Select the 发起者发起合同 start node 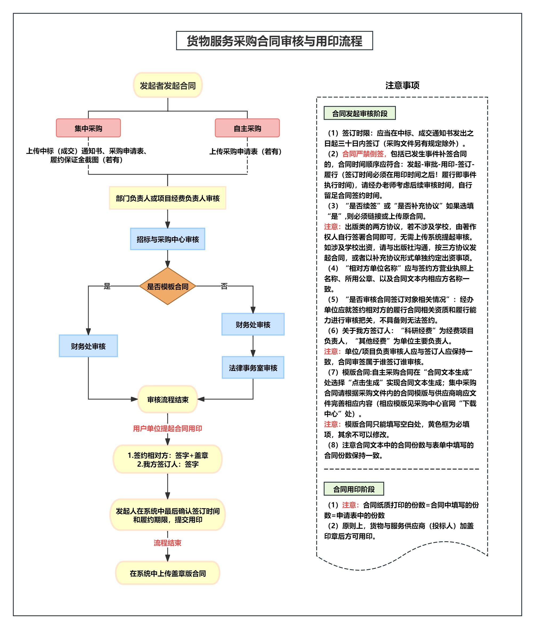tap(168, 85)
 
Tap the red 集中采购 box tap(88, 128)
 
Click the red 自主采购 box tap(247, 128)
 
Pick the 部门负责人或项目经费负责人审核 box tap(168, 198)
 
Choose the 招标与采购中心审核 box tap(168, 239)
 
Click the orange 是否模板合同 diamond tap(168, 286)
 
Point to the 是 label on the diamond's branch tap(107, 286)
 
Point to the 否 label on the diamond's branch tap(224, 286)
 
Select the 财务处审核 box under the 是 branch tap(88, 346)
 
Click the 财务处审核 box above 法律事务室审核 tap(253, 324)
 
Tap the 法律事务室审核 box tap(253, 368)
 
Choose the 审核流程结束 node tap(168, 399)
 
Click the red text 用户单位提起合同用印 tap(168, 428)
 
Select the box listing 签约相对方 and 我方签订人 tap(168, 460)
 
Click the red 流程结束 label tap(168, 543)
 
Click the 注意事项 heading tap(402, 86)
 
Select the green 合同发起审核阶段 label tap(360, 114)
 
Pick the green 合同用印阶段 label tap(354, 489)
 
